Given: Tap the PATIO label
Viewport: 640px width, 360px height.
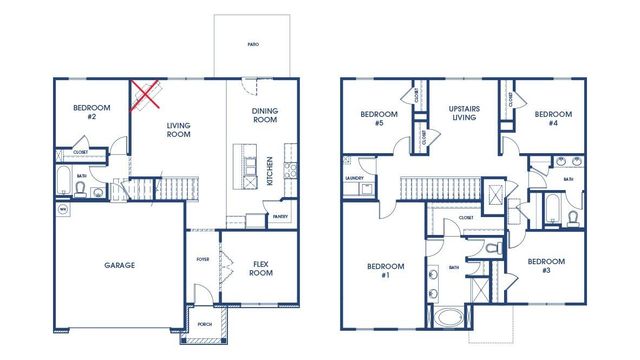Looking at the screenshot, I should click(253, 45).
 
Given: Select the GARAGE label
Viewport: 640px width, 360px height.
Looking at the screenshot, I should click(119, 265).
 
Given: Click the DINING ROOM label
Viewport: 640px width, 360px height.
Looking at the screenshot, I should click(265, 115).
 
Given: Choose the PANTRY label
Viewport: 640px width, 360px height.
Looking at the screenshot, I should click(281, 216).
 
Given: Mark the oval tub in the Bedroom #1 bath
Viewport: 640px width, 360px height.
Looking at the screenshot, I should click(447, 320).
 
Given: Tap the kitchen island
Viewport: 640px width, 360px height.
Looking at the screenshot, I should click(241, 166).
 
